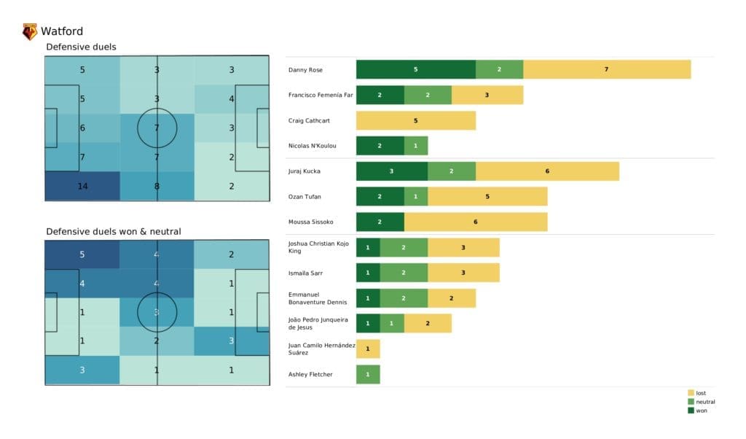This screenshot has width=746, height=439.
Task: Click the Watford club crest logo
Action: pyautogui.click(x=30, y=31)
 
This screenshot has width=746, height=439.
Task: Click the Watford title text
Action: pyautogui.click(x=62, y=31)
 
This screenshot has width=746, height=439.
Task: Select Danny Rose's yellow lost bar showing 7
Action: pyautogui.click(x=606, y=69)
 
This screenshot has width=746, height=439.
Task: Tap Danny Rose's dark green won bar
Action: pyautogui.click(x=415, y=69)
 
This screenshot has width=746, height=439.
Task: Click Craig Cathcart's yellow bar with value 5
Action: pyautogui.click(x=415, y=120)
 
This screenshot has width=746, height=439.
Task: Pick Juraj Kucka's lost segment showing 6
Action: pyautogui.click(x=546, y=171)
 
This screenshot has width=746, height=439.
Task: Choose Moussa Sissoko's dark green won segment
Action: pyautogui.click(x=380, y=222)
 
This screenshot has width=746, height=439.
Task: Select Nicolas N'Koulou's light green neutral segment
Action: pyautogui.click(x=415, y=146)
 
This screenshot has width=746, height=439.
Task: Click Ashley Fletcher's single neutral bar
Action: pyautogui.click(x=368, y=374)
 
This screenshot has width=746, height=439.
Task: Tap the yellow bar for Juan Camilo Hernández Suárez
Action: pyautogui.click(x=368, y=349)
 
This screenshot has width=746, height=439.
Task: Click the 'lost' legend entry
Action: pyautogui.click(x=700, y=393)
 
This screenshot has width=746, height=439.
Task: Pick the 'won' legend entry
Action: pyautogui.click(x=700, y=411)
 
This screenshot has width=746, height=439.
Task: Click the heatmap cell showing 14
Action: pyautogui.click(x=82, y=186)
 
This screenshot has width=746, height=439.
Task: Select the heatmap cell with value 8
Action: pyautogui.click(x=157, y=186)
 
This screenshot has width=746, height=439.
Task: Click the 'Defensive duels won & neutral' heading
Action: pyautogui.click(x=114, y=231)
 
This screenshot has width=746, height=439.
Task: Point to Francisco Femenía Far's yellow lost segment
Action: pyautogui.click(x=487, y=95)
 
